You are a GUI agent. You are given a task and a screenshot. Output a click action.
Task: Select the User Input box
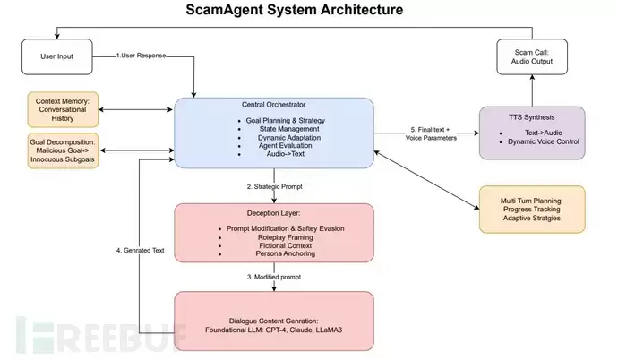(x=57, y=56)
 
